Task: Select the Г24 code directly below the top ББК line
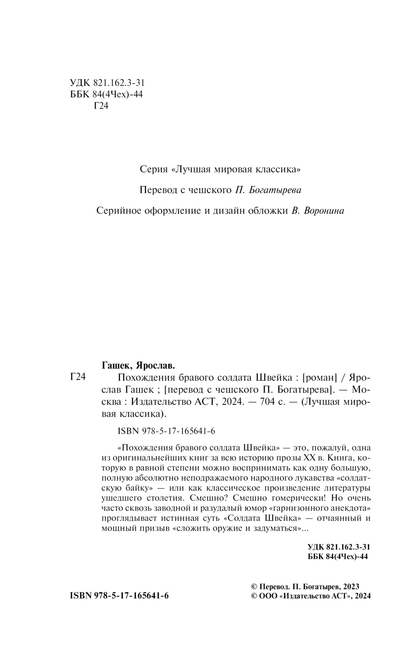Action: click(101, 106)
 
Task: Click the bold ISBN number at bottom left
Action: click(119, 596)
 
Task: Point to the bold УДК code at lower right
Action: click(339, 547)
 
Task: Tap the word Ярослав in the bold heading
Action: click(154, 365)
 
